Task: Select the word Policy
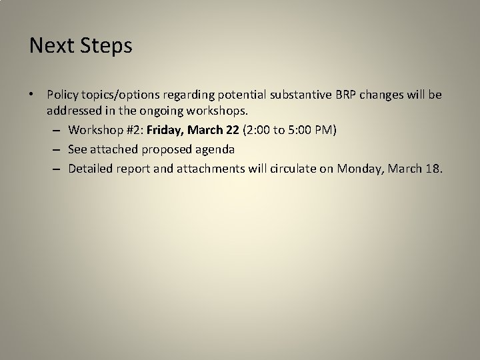click(x=62, y=95)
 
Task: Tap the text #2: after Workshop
click(x=133, y=129)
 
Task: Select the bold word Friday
click(x=166, y=129)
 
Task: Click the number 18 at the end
click(x=431, y=169)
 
